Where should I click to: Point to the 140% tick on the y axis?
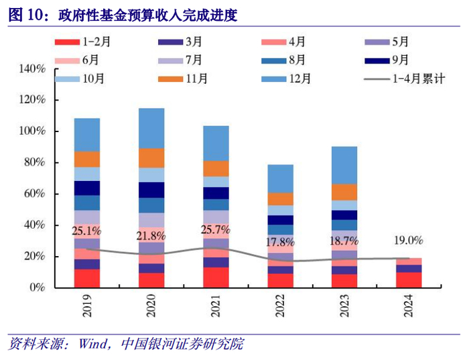tap(32, 69)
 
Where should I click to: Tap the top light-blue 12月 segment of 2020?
tap(151, 128)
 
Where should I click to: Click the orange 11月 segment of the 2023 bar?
tap(344, 192)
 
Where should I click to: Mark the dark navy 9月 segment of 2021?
tap(216, 193)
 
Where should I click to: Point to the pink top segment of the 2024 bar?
tap(409, 261)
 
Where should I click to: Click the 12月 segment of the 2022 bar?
tap(280, 178)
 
